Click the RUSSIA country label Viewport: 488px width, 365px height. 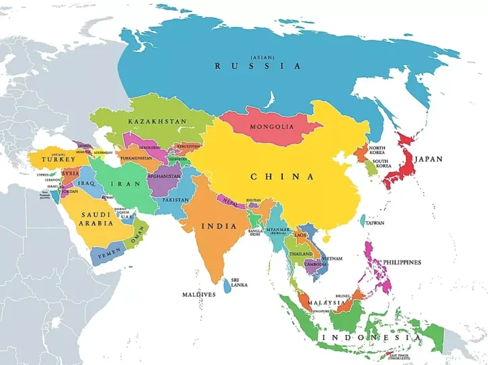257,66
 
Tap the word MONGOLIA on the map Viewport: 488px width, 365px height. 271,127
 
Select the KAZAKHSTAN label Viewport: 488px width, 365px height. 157,121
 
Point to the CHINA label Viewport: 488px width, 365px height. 282,177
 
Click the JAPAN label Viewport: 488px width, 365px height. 428,159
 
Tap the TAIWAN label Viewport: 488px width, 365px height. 375,223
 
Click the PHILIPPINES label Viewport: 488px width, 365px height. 402,262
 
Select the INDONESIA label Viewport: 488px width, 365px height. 371,338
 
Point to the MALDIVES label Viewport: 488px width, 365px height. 199,294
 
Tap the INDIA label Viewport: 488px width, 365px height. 219,226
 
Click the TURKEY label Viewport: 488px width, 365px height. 54,159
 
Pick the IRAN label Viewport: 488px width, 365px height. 129,184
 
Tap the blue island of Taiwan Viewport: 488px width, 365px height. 363,220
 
